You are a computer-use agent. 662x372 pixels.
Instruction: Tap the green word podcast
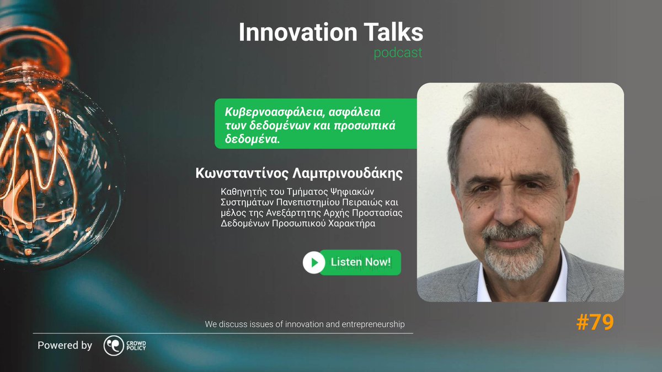[x=398, y=53]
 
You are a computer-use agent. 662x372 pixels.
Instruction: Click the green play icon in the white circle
[x=314, y=262]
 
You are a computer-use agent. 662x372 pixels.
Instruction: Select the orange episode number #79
[x=595, y=323]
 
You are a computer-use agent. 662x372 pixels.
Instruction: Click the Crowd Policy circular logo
[x=114, y=346]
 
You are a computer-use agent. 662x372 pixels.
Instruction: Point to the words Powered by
[x=65, y=346]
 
